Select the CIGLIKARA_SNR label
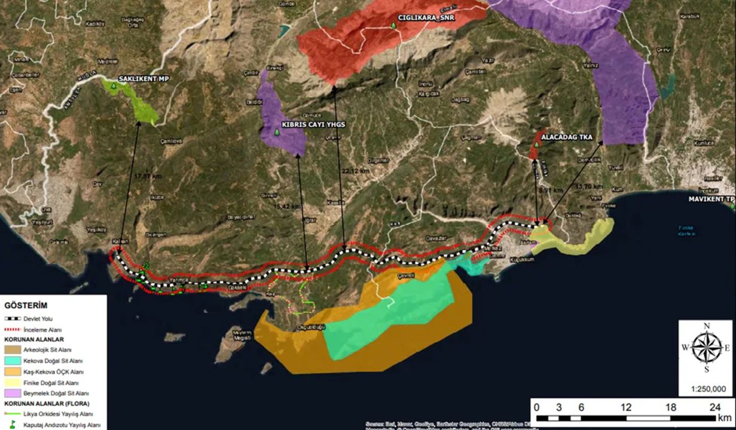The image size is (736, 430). pos(427,19)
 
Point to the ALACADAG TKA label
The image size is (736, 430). pos(566,137)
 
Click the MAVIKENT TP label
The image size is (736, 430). pos(710,199)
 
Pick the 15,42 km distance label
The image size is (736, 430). pos(287,206)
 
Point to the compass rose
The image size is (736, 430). pos(706,348)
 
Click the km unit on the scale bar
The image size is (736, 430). pos(724,417)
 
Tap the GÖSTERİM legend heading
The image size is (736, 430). pos(26,305)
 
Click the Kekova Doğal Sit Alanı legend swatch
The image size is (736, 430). pos(13,361)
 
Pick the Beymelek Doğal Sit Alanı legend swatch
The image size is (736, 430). pos(13,393)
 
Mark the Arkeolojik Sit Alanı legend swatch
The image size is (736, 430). pos(13,350)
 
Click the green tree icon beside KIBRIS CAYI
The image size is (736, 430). pos(277,132)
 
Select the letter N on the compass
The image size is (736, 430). pos(706,325)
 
